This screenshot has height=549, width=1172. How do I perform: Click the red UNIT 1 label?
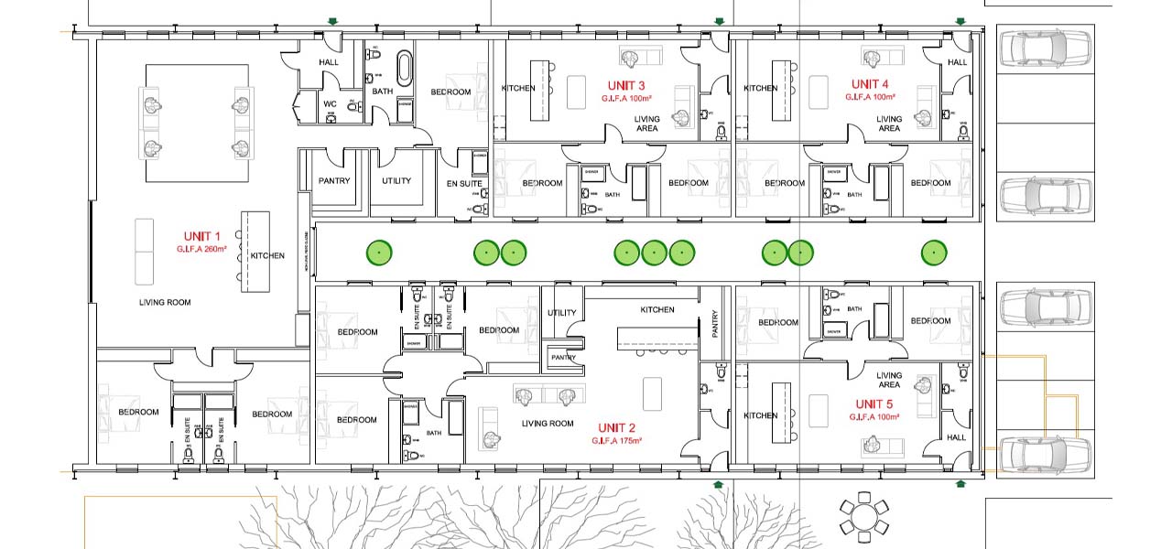coord(202,237)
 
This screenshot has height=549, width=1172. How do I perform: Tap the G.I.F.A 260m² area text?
coord(202,249)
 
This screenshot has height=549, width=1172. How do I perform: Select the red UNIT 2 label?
coord(617,428)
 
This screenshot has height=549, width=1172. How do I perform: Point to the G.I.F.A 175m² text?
coord(617,440)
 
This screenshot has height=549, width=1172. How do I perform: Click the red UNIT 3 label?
coord(627,86)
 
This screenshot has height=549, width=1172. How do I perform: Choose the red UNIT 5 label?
coord(875,404)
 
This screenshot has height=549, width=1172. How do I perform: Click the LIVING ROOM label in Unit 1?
coord(165,302)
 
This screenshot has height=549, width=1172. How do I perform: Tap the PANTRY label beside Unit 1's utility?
coord(334,181)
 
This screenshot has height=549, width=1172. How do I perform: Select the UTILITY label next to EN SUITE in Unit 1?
coord(396,181)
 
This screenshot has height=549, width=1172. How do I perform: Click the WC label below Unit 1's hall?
coord(330,104)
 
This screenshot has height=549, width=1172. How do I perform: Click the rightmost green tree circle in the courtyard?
coord(933,252)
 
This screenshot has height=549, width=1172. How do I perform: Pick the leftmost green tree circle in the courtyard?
coord(376,252)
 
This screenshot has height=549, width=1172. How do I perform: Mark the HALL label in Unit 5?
coord(957,438)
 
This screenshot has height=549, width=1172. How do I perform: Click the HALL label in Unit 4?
coord(957,62)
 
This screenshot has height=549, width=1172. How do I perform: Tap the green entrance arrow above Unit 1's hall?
coord(334,20)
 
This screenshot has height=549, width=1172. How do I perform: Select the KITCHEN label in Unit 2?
coord(657,310)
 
